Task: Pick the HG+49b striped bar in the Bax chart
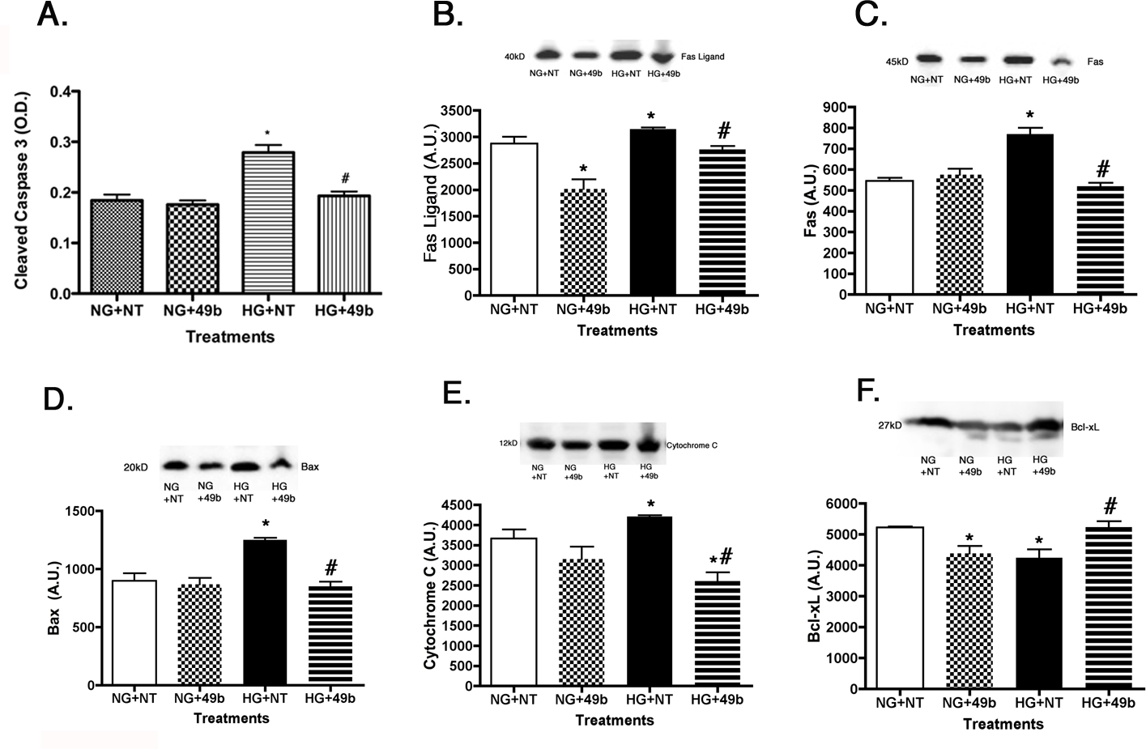330,635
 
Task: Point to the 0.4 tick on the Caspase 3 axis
59,91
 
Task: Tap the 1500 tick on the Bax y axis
80,511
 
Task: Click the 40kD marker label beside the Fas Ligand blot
514,57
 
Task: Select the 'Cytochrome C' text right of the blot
692,445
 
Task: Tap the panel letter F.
867,391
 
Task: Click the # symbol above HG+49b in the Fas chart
1102,169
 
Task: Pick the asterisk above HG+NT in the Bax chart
265,525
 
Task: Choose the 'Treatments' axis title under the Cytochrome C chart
615,720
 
